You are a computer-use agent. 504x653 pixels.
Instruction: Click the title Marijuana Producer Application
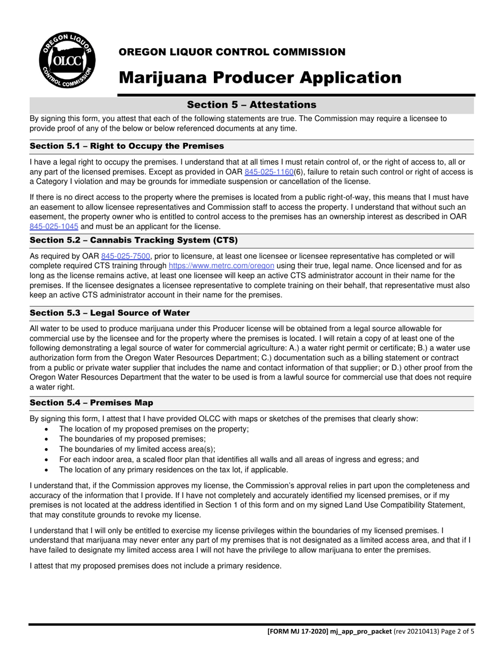click(x=260, y=78)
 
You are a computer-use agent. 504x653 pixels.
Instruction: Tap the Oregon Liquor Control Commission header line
click(x=232, y=52)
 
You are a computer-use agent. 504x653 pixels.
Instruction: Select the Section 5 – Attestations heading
click(x=251, y=105)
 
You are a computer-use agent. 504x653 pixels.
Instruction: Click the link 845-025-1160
click(x=268, y=172)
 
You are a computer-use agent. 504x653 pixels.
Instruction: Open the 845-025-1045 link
click(x=54, y=226)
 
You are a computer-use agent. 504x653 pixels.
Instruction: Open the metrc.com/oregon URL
click(x=221, y=265)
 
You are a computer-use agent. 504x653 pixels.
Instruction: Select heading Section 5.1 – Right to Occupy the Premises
click(x=127, y=146)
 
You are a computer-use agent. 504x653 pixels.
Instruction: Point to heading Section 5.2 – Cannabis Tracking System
click(x=134, y=240)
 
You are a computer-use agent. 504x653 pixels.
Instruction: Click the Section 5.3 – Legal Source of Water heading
click(x=110, y=313)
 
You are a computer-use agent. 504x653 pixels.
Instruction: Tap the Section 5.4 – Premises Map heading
click(x=92, y=403)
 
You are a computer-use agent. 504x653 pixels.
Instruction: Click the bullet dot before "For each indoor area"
click(x=48, y=460)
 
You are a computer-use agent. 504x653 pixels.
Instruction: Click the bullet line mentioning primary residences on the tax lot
click(x=173, y=470)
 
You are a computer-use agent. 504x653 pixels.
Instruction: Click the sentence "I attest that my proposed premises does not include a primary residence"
click(x=155, y=566)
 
